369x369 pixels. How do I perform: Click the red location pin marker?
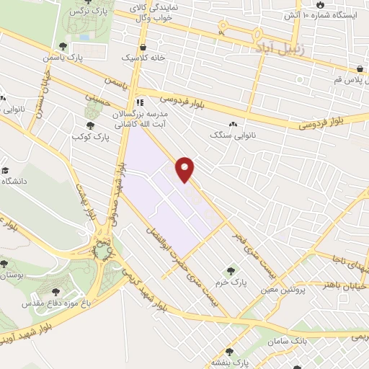(186, 169)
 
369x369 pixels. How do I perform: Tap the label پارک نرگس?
(97, 12)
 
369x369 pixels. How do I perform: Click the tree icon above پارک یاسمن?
(63, 47)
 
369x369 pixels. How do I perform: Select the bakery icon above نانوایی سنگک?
(233, 124)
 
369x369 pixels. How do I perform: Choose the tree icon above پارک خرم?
(231, 270)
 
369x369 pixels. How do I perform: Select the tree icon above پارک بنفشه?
(229, 352)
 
